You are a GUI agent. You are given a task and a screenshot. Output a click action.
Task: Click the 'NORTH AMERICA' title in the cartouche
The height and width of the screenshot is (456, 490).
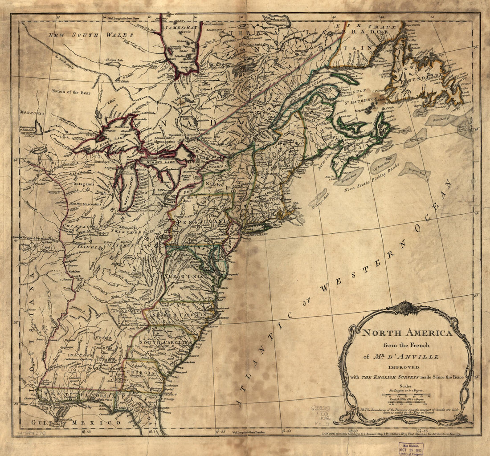point(407,333)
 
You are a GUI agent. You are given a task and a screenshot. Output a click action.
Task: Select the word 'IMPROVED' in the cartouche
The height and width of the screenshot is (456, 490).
point(406,367)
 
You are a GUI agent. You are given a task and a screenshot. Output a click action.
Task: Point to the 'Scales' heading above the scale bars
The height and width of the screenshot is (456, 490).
point(406,386)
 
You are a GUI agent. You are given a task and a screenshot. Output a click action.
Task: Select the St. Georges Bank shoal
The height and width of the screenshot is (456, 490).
point(318,198)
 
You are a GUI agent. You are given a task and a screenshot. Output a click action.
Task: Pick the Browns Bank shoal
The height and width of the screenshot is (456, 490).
point(349,177)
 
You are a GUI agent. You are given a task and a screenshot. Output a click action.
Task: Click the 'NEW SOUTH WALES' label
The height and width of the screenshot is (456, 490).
point(91,35)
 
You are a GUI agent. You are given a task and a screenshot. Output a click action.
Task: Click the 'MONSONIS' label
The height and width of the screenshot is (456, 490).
point(32,114)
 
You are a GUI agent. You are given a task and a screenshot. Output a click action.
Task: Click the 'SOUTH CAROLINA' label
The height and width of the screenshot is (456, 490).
point(166,342)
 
